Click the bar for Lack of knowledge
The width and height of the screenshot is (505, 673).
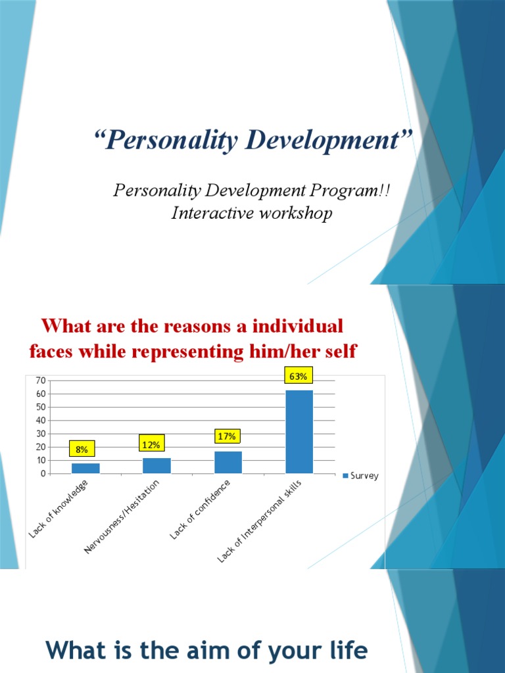point(85,468)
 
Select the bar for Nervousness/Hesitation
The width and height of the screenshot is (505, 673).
point(156,465)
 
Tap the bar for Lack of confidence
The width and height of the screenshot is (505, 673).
point(228,462)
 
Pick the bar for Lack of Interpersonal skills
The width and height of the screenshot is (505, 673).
point(299,432)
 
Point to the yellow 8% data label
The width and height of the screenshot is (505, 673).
point(82,449)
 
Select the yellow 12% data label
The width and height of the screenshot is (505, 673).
point(151,445)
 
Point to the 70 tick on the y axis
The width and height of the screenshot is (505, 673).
point(40,381)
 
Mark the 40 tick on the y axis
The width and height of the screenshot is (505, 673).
point(40,421)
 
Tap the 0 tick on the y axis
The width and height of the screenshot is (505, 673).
point(43,473)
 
